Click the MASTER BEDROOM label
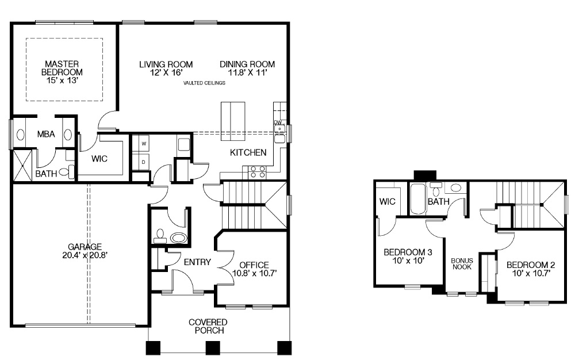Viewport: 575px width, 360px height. click(62, 72)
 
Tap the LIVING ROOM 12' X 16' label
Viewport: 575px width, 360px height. click(166, 68)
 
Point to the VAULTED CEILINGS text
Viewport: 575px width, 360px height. click(204, 83)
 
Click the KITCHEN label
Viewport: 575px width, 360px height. click(248, 152)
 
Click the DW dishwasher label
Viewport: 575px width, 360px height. click(278, 122)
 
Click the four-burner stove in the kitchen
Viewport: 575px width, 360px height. click(256, 171)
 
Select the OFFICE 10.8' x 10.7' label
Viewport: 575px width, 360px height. click(255, 269)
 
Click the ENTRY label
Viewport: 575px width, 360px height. click(197, 262)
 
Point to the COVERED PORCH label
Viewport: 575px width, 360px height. click(208, 326)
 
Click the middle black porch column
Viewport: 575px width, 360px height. click(213, 347)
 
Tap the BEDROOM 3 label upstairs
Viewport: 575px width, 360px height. click(408, 256)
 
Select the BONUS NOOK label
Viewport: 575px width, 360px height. click(461, 263)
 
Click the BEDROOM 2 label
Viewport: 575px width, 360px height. click(530, 269)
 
